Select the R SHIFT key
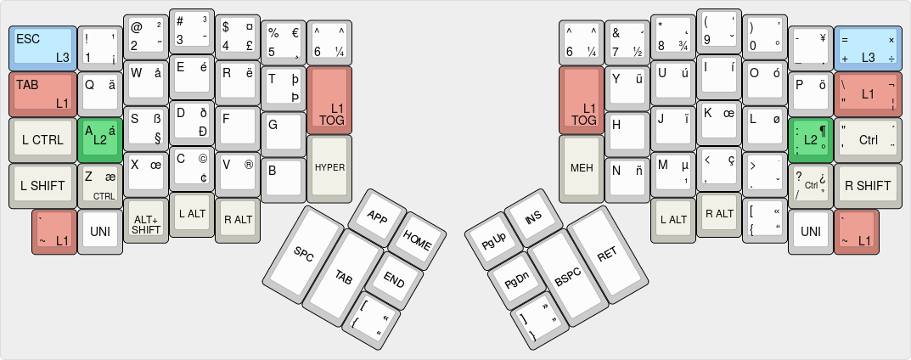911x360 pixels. tap(867, 185)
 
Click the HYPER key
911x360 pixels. tap(329, 166)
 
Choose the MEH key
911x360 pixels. tap(582, 166)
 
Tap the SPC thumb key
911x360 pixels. tap(304, 252)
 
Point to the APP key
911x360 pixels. tap(376, 216)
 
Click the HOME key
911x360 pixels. tap(417, 239)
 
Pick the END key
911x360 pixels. tap(393, 279)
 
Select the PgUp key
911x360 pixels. tap(493, 240)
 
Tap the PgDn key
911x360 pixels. tap(516, 279)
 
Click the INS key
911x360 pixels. tap(533, 217)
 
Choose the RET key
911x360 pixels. tap(605, 252)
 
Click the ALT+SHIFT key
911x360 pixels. tap(146, 222)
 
